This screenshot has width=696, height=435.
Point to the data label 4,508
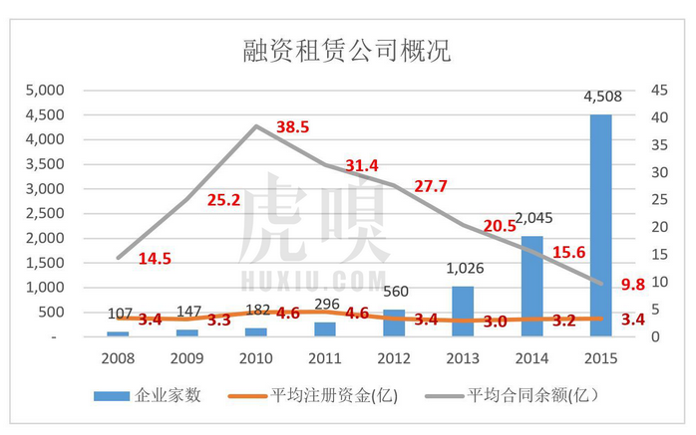[x=600, y=98]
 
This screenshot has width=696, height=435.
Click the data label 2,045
[x=530, y=218]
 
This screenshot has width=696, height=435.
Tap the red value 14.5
[x=155, y=258]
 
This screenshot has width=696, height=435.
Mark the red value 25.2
[x=223, y=200]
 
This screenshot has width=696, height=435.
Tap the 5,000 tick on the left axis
[x=43, y=90]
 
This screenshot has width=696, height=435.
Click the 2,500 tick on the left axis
[x=43, y=213]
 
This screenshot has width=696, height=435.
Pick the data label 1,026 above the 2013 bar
[x=461, y=268]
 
